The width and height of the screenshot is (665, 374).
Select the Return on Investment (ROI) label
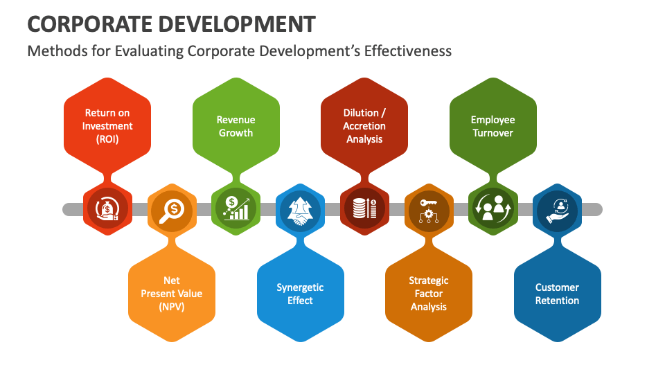(107, 126)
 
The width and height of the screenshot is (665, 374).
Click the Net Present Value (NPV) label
(172, 294)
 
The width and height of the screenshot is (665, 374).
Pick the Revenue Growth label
(236, 126)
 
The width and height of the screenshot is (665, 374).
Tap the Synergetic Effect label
(300, 294)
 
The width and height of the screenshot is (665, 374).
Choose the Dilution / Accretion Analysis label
(364, 126)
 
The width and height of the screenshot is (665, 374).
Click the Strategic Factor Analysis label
(428, 294)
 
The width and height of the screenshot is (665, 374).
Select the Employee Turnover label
(493, 126)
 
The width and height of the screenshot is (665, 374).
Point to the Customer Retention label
(557, 294)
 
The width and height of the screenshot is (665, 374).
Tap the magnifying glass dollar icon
(172, 208)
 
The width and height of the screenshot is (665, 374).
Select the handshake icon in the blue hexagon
(300, 208)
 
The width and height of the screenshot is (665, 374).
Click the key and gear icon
(428, 208)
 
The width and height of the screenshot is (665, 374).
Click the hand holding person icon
(557, 208)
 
